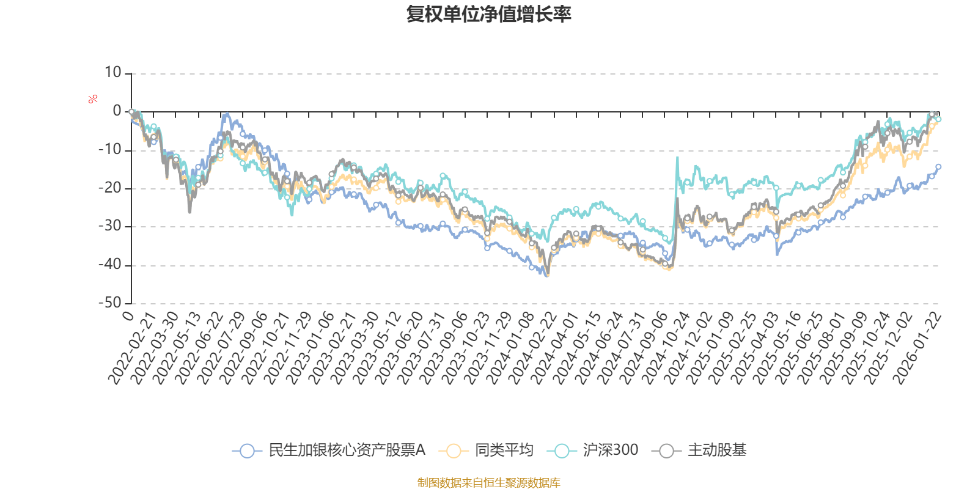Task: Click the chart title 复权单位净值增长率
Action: pyautogui.click(x=488, y=14)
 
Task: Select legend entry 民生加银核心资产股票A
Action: pyautogui.click(x=330, y=450)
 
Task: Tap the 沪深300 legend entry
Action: pyautogui.click(x=596, y=450)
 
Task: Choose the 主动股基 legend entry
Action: pyautogui.click(x=700, y=450)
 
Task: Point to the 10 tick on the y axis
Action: pyautogui.click(x=113, y=73)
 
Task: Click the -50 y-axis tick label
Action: pyautogui.click(x=111, y=303)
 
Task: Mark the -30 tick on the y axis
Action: pyautogui.click(x=111, y=226)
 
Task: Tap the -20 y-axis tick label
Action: pyautogui.click(x=111, y=188)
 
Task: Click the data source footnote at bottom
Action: pyautogui.click(x=488, y=483)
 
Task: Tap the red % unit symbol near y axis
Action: pyautogui.click(x=93, y=99)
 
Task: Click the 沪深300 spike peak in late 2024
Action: pyautogui.click(x=677, y=158)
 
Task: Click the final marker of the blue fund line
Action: pyautogui.click(x=938, y=166)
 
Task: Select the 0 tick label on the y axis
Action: pyautogui.click(x=117, y=111)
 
